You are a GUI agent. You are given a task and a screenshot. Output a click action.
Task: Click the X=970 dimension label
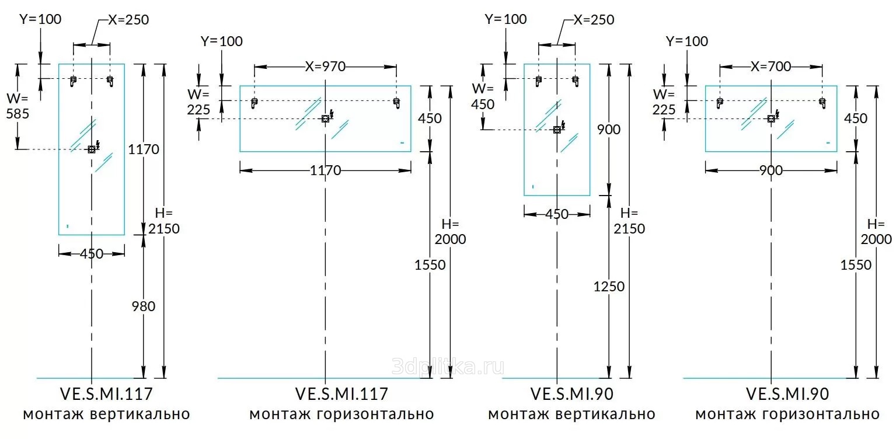pos(325,67)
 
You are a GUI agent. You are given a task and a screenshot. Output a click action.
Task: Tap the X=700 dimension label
pos(771,67)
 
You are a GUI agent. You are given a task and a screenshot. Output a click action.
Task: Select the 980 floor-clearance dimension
pos(144,306)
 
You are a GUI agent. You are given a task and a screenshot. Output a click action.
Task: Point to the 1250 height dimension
pos(609,287)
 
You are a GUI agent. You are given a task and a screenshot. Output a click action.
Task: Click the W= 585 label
pos(18,106)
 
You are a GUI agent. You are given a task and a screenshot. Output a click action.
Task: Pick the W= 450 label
pos(483,96)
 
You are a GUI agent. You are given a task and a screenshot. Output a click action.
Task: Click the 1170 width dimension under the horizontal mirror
pos(325,170)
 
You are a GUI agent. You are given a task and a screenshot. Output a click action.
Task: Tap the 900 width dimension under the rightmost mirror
pos(771,170)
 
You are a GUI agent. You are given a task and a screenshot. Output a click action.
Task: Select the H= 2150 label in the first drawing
pos(164,221)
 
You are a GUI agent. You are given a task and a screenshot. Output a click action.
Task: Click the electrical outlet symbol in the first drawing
pos(91,149)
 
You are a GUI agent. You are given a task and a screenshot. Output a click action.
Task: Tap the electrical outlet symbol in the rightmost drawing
pos(771,119)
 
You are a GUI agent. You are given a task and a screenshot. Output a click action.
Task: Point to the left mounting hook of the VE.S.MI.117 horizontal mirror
pos(254,103)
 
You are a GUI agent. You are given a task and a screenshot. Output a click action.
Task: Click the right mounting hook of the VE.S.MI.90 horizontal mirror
pos(822,103)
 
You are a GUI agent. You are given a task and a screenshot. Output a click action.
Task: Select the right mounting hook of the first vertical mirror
pos(110,81)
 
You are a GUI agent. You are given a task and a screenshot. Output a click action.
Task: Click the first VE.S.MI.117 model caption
pos(106,394)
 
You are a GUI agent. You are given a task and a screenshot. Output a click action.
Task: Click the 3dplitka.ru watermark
pos(448,367)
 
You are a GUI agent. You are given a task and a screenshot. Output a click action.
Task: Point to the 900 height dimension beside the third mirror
pos(609,129)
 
